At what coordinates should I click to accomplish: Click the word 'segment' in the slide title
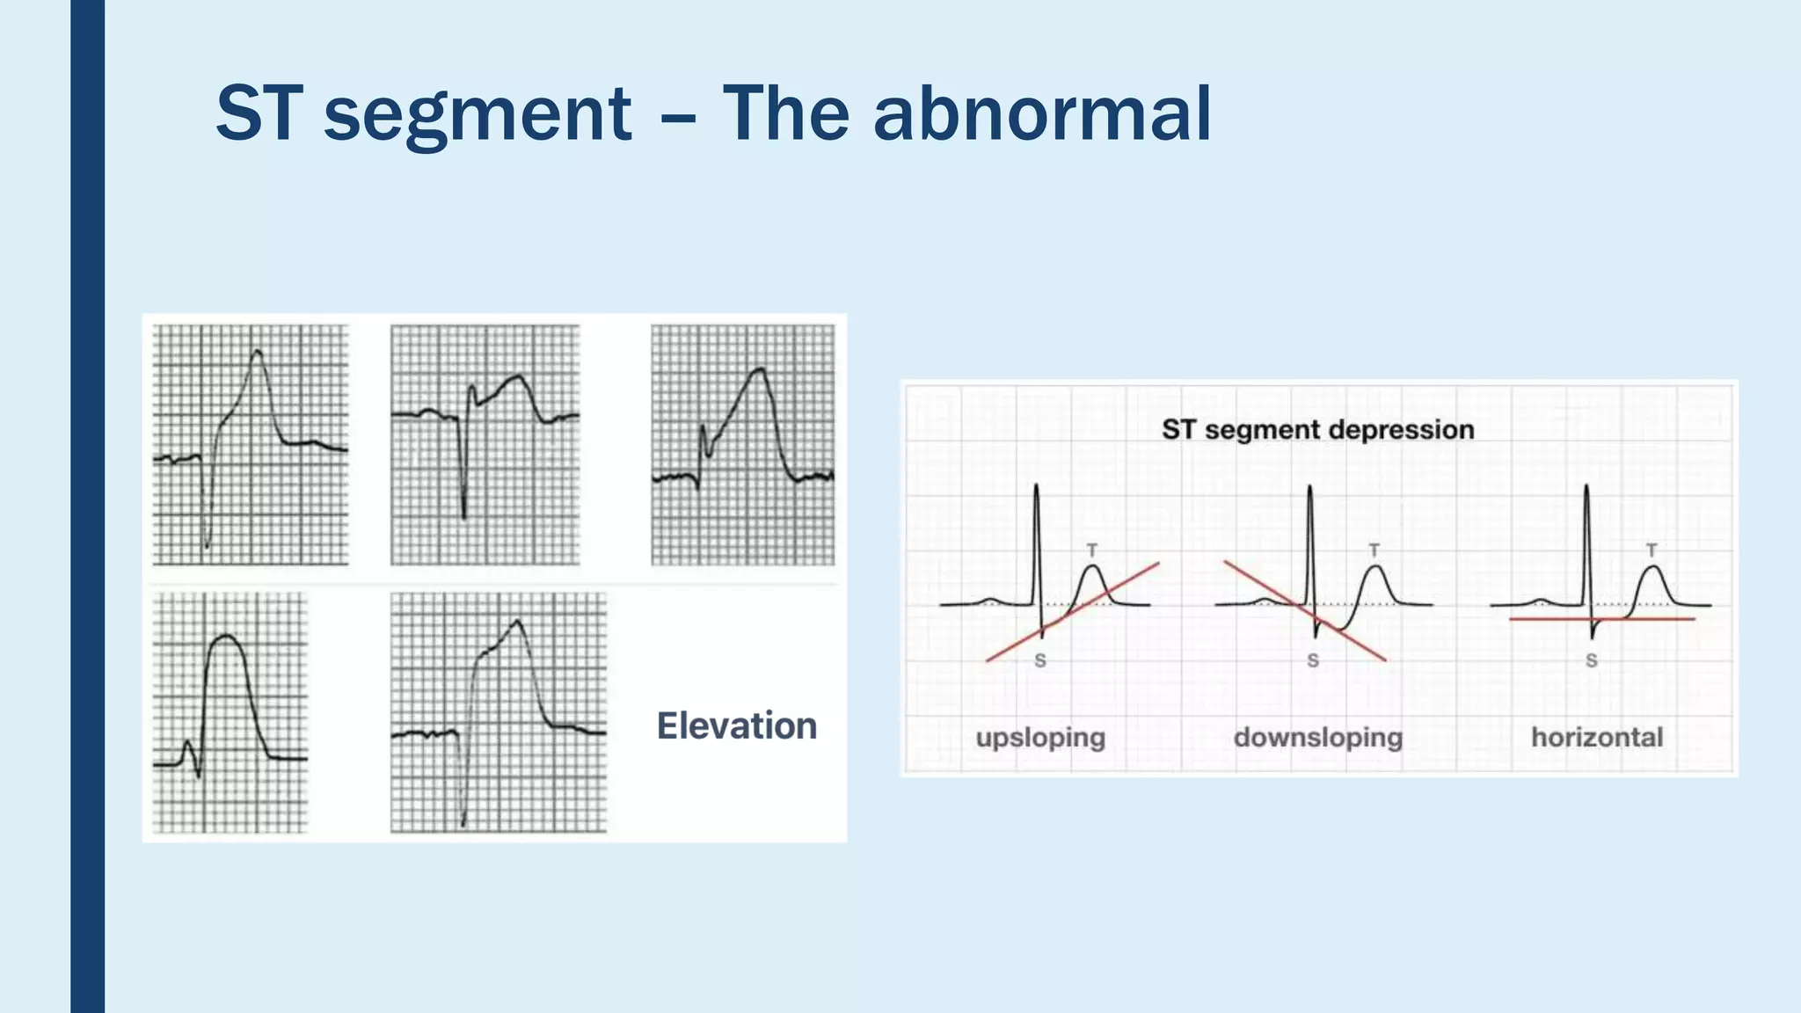click(x=478, y=116)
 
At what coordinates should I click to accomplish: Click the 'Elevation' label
click(x=737, y=726)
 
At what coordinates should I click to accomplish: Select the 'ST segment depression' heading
click(x=1317, y=430)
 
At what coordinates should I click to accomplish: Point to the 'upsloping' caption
click(x=1040, y=737)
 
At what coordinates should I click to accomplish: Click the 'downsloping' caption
click(x=1317, y=737)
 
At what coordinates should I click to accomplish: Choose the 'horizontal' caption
click(x=1597, y=737)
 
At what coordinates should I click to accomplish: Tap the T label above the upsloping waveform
click(x=1091, y=550)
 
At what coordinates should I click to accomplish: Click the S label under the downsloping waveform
click(x=1313, y=660)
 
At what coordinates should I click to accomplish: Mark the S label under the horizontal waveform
click(x=1591, y=660)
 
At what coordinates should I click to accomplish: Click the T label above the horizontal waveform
click(x=1652, y=550)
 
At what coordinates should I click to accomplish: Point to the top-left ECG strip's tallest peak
click(x=257, y=353)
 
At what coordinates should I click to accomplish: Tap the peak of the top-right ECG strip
click(x=758, y=371)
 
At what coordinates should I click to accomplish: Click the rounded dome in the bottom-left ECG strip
click(x=226, y=637)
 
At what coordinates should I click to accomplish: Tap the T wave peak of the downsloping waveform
click(x=1374, y=568)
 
